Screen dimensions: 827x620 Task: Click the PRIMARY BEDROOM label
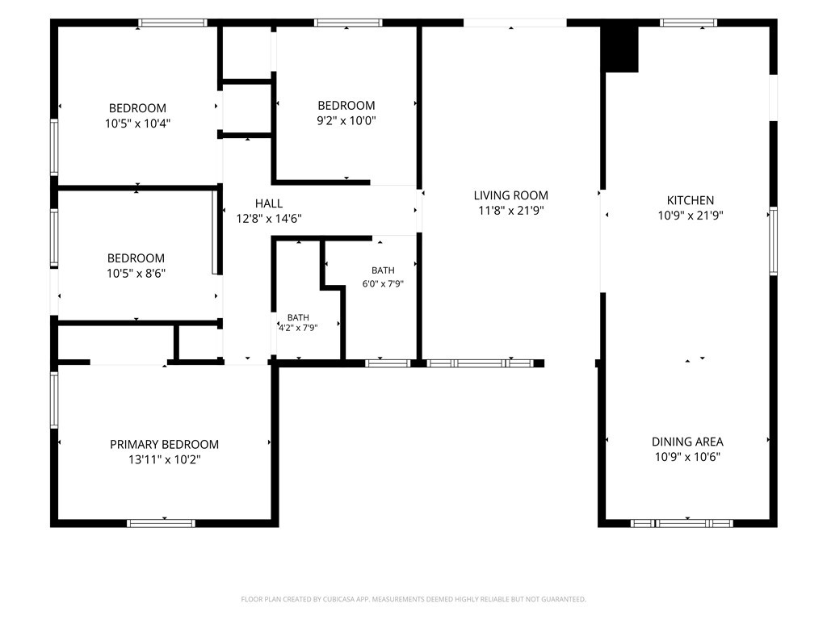coord(164,445)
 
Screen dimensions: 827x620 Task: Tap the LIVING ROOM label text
coord(510,195)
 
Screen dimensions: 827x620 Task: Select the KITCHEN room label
coord(691,200)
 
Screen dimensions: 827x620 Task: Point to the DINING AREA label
coord(687,442)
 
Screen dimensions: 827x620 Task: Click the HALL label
coord(269,203)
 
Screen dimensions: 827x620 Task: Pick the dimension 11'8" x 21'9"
coord(510,211)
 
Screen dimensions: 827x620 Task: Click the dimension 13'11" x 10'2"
coord(164,459)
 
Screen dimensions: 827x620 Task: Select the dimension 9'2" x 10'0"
coord(346,121)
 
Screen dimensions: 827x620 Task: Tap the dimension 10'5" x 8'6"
coord(136,273)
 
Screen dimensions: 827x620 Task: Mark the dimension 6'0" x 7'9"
coord(383,283)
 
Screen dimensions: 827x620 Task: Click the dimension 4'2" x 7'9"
coord(298,328)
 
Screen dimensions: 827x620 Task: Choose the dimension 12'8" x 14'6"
coord(269,218)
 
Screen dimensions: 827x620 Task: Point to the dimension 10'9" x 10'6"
coord(687,457)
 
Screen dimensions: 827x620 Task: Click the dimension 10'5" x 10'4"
coord(137,124)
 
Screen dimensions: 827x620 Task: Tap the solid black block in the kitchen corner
coord(621,49)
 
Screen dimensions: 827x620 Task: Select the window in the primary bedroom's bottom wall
coord(161,523)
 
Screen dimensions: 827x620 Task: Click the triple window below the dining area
coord(682,523)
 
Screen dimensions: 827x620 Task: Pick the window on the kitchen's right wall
coord(773,241)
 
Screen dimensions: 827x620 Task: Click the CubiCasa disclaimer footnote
coord(413,600)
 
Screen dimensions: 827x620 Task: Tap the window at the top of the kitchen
coord(688,23)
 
